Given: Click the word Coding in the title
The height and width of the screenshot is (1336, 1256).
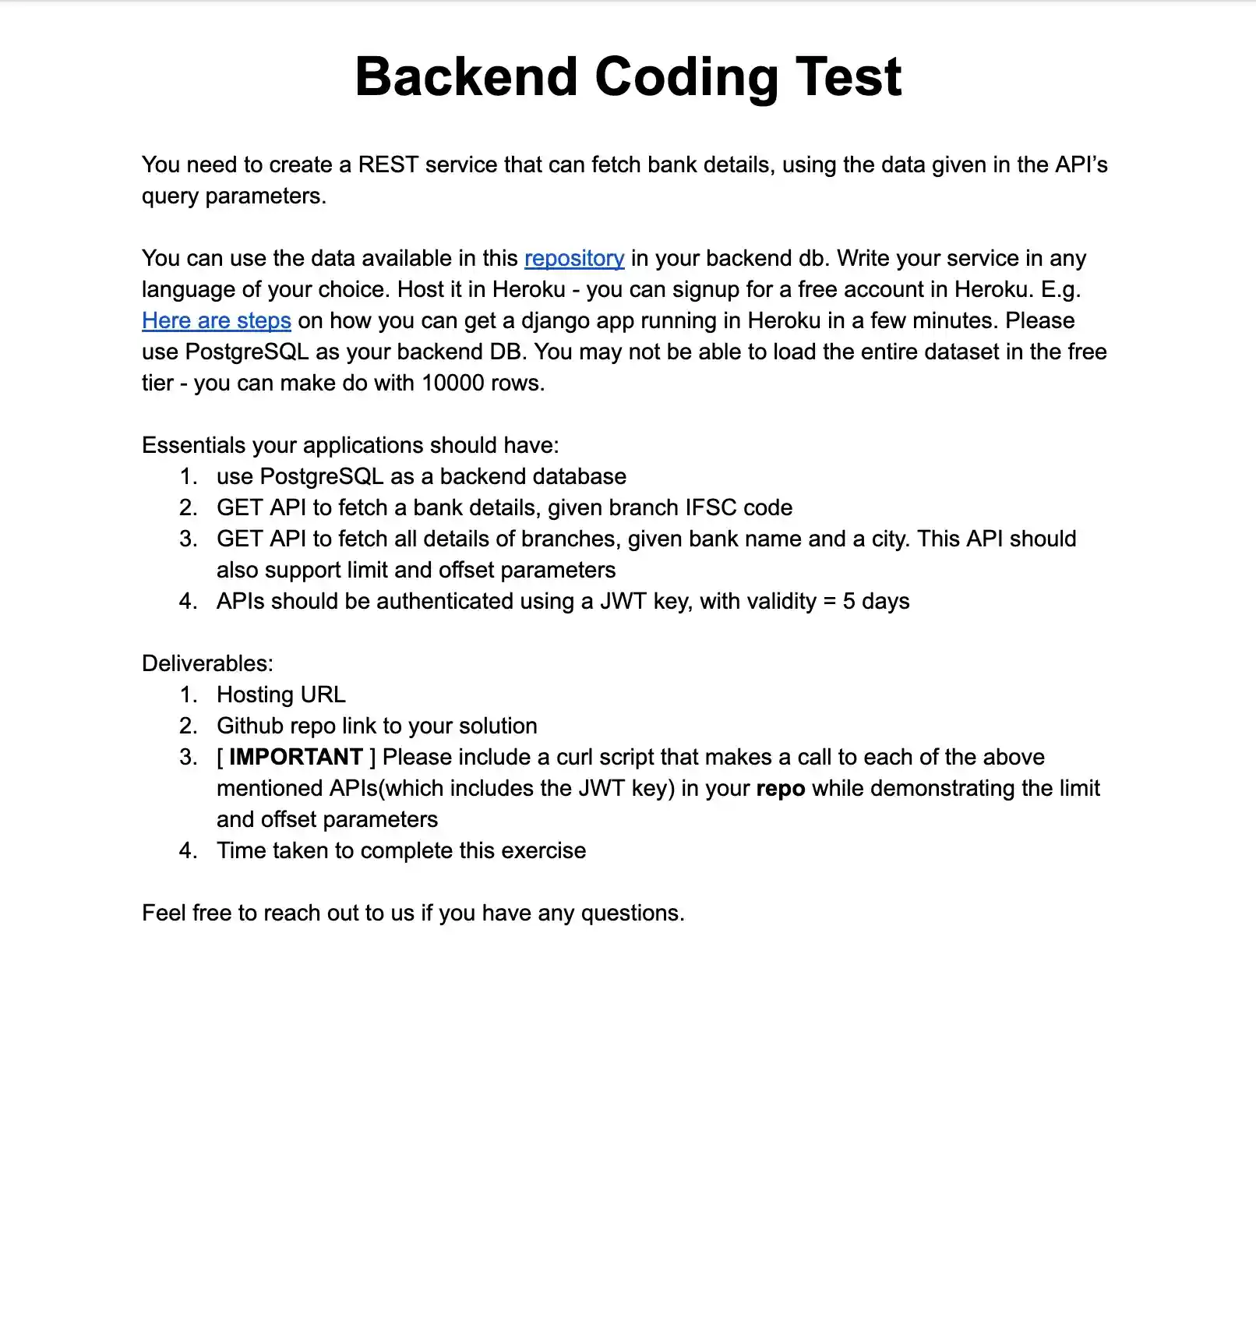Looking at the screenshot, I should [686, 77].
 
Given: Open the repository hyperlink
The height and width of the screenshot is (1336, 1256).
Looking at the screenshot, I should [574, 258].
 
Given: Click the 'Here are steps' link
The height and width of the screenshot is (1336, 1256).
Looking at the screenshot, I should [217, 320].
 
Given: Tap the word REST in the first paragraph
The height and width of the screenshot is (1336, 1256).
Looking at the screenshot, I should [388, 164].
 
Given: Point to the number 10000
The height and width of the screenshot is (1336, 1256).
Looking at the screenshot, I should [453, 383].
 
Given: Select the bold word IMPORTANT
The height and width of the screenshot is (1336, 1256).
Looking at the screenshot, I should [295, 757].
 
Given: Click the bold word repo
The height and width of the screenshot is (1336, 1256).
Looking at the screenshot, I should [780, 788].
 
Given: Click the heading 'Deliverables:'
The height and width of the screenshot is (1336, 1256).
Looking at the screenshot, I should [207, 663].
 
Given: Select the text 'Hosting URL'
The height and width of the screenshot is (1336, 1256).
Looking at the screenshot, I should [281, 695].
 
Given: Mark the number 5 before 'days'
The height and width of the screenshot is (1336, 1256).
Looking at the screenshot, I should [849, 601].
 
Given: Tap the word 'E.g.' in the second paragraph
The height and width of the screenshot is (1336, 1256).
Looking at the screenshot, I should [1060, 289].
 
